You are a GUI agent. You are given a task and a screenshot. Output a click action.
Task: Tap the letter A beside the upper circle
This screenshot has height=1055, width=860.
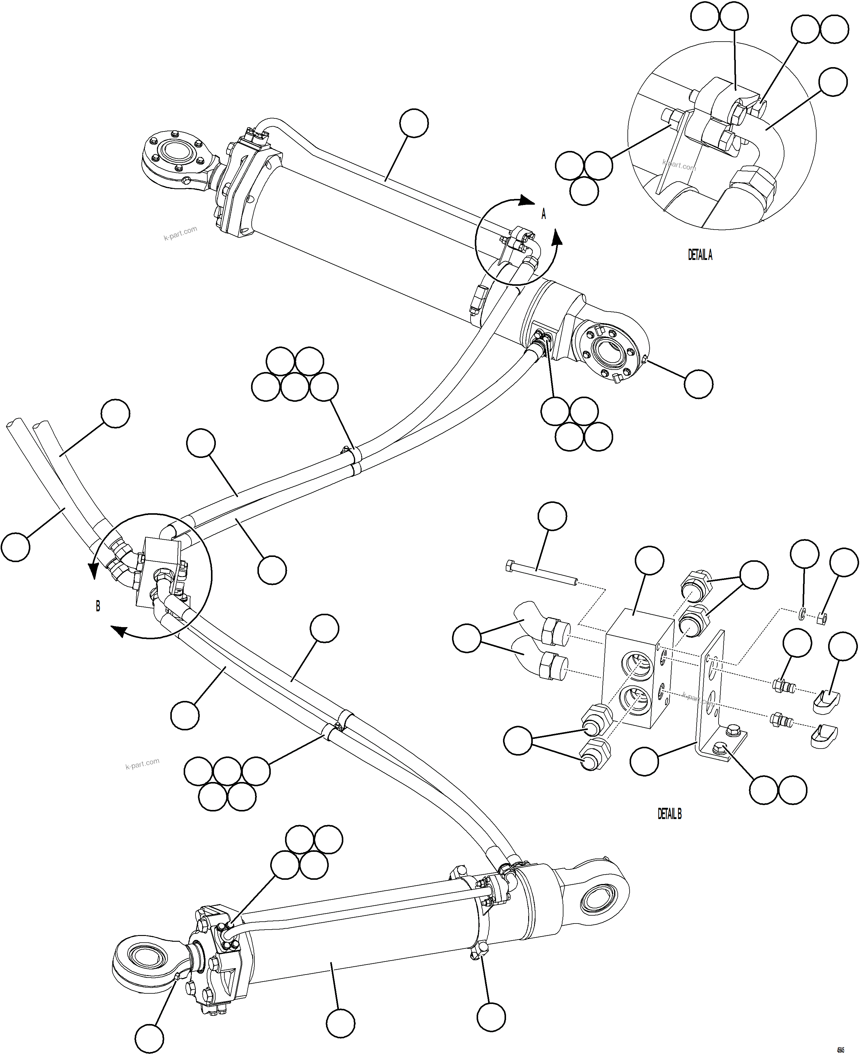(x=543, y=214)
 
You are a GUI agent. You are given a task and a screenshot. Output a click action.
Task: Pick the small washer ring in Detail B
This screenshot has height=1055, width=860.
(x=802, y=614)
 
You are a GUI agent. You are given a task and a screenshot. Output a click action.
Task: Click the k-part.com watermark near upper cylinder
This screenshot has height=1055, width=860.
(x=180, y=233)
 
